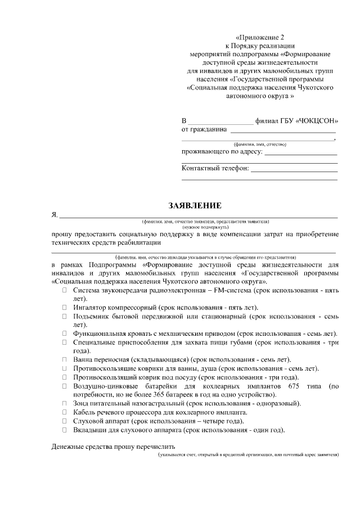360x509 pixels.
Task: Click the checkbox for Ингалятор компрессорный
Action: tap(65, 308)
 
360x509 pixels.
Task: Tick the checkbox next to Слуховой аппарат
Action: tap(65, 421)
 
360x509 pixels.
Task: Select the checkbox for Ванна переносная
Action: tap(65, 359)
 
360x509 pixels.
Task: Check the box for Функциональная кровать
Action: tap(65, 334)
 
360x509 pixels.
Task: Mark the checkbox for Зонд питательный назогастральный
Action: tap(65, 403)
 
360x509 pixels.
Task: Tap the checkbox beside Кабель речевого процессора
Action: tap(65, 412)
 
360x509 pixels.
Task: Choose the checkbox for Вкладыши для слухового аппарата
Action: tap(65, 430)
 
